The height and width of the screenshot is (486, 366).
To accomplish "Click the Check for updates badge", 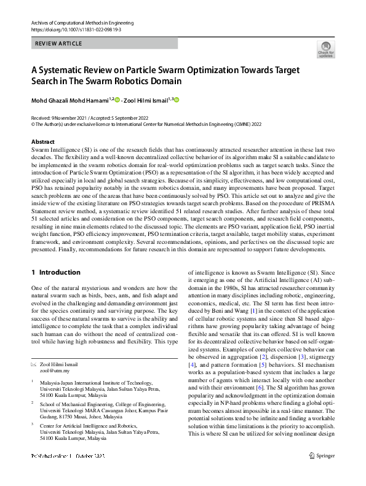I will (x=325, y=49).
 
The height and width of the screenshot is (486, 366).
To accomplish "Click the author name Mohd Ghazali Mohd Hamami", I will (x=70, y=101).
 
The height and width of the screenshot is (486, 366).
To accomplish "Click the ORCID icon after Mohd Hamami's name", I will (x=117, y=100).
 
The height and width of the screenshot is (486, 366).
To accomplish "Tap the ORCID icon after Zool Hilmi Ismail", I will (x=179, y=100).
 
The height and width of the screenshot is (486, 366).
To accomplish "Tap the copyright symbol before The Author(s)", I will (x=33, y=123).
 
